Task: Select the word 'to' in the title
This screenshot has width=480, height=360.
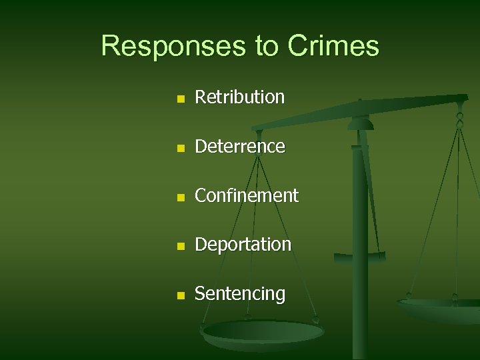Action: pos(263,47)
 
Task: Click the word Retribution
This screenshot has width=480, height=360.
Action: pos(239,97)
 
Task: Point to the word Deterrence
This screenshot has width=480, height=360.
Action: pos(239,146)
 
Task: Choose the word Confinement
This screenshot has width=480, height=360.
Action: pos(246,195)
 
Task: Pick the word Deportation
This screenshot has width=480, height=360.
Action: pos(243,245)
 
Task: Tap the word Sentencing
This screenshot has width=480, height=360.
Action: pos(239,294)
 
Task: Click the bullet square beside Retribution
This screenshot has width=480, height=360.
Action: pos(179,99)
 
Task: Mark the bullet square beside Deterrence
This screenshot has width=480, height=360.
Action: pos(179,147)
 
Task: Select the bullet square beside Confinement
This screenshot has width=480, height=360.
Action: pos(179,197)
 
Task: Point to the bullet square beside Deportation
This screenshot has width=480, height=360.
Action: pos(179,246)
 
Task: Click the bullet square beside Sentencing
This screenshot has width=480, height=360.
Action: pos(179,295)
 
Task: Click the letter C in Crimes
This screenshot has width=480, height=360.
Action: pos(298,46)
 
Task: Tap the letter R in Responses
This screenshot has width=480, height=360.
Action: pos(111,46)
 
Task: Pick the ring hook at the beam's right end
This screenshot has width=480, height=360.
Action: pos(459,119)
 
